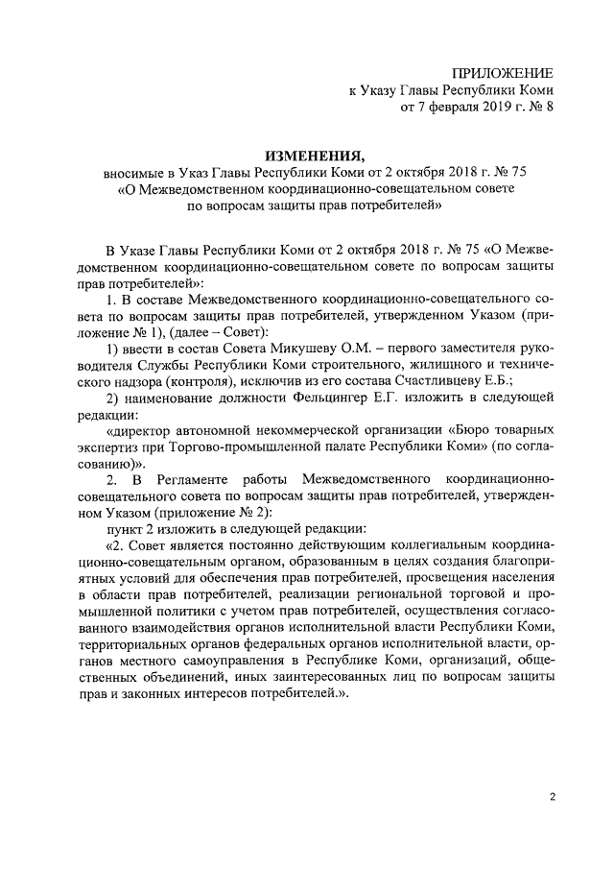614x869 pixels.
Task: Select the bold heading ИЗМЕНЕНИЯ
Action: click(x=316, y=154)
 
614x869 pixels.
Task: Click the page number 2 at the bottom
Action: click(x=553, y=796)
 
